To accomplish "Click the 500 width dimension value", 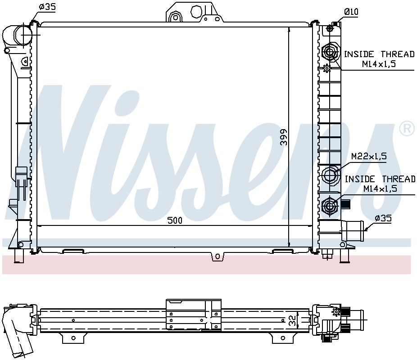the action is (175, 220).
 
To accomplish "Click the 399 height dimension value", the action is (284, 137).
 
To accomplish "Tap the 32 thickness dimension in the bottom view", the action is (293, 320).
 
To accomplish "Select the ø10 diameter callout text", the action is (351, 12).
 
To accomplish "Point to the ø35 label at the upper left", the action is (47, 7).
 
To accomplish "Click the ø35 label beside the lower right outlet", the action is (383, 218).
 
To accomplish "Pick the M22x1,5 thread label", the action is (369, 156).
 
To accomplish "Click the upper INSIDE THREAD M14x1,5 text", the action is (379, 59).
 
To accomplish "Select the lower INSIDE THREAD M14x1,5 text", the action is (380, 184).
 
